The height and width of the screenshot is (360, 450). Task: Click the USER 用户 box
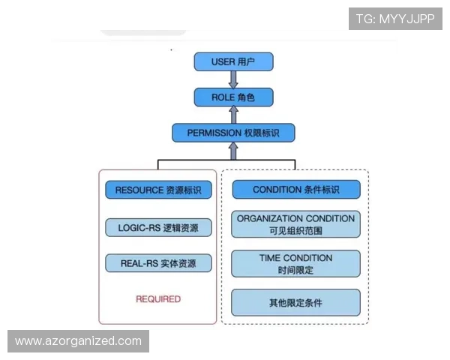pyautogui.click(x=233, y=61)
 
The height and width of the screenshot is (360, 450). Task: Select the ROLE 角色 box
pyautogui.click(x=233, y=97)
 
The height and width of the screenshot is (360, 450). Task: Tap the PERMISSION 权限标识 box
pyautogui.click(x=233, y=133)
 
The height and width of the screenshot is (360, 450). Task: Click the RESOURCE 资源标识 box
pyautogui.click(x=158, y=190)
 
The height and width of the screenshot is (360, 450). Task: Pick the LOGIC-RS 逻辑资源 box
pyautogui.click(x=158, y=227)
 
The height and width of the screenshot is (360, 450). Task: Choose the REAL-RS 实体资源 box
pyautogui.click(x=158, y=263)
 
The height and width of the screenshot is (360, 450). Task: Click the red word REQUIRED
pyautogui.click(x=158, y=298)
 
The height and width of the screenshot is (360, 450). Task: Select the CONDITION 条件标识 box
pyautogui.click(x=295, y=190)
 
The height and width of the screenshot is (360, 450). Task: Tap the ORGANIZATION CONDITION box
pyautogui.click(x=295, y=224)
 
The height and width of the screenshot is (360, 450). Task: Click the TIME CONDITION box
pyautogui.click(x=295, y=263)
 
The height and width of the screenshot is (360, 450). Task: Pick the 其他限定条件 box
pyautogui.click(x=295, y=302)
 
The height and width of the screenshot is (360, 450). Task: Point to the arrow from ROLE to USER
pyautogui.click(x=233, y=79)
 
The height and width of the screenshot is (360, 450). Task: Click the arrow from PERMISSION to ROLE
pyautogui.click(x=233, y=115)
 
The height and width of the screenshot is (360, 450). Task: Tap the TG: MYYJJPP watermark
pyautogui.click(x=395, y=18)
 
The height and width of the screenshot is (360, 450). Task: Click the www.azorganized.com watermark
pyautogui.click(x=78, y=341)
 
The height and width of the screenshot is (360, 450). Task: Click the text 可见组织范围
pyautogui.click(x=295, y=231)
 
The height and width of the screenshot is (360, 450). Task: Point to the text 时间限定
pyautogui.click(x=295, y=270)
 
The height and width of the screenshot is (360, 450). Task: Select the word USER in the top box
pyautogui.click(x=223, y=61)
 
